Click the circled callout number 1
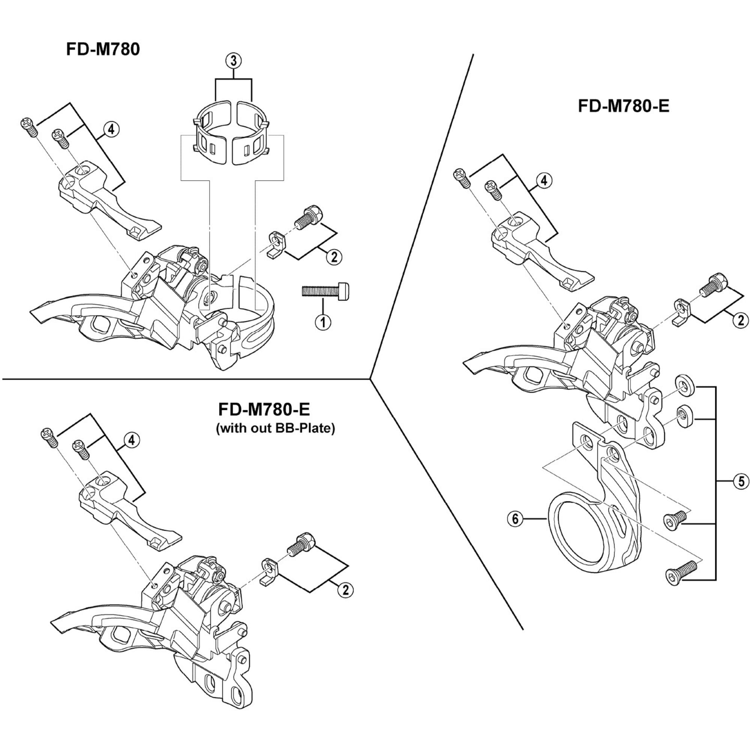tap(322, 322)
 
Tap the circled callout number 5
tap(741, 482)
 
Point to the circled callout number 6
tap(515, 519)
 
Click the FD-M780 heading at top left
tap(103, 50)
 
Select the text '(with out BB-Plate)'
tap(275, 429)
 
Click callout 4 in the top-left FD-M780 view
tap(111, 130)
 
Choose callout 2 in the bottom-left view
tap(345, 590)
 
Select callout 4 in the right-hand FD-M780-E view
tap(543, 180)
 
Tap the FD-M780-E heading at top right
tap(624, 106)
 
